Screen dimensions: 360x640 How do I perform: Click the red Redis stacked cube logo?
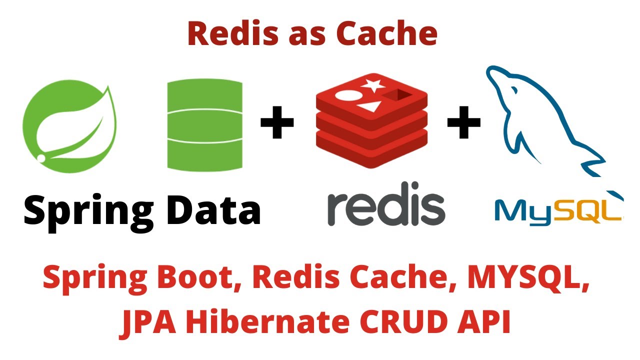click(371, 120)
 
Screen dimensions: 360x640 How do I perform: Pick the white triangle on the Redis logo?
click(367, 105)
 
